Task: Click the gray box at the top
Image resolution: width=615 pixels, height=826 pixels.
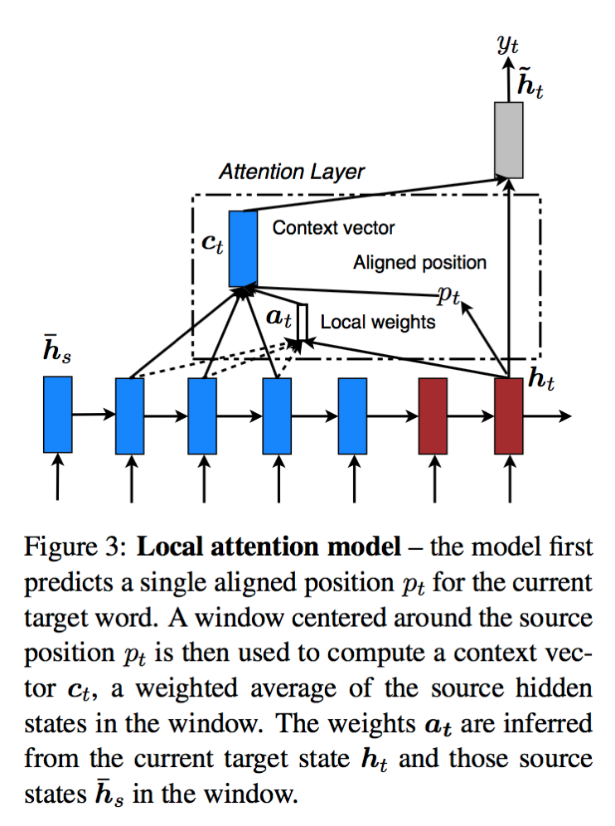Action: click(509, 139)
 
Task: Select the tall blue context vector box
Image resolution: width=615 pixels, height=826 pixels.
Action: click(243, 246)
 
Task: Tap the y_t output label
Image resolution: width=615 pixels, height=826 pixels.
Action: click(508, 43)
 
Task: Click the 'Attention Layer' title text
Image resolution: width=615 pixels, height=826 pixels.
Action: click(292, 172)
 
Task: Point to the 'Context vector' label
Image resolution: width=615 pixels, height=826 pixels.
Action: click(333, 227)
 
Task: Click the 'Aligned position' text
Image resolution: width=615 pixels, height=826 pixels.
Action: click(419, 263)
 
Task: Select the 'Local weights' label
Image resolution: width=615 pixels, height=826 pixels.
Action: click(377, 321)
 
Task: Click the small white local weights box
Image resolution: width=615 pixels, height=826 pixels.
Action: click(303, 324)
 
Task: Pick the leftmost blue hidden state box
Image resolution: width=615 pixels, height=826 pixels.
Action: click(58, 414)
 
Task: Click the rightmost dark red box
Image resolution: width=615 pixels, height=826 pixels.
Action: click(508, 415)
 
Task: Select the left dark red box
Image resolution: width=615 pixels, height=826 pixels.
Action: click(433, 415)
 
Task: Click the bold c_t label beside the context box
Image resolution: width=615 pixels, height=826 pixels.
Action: click(212, 245)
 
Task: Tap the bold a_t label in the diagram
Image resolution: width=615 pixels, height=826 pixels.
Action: click(278, 318)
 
